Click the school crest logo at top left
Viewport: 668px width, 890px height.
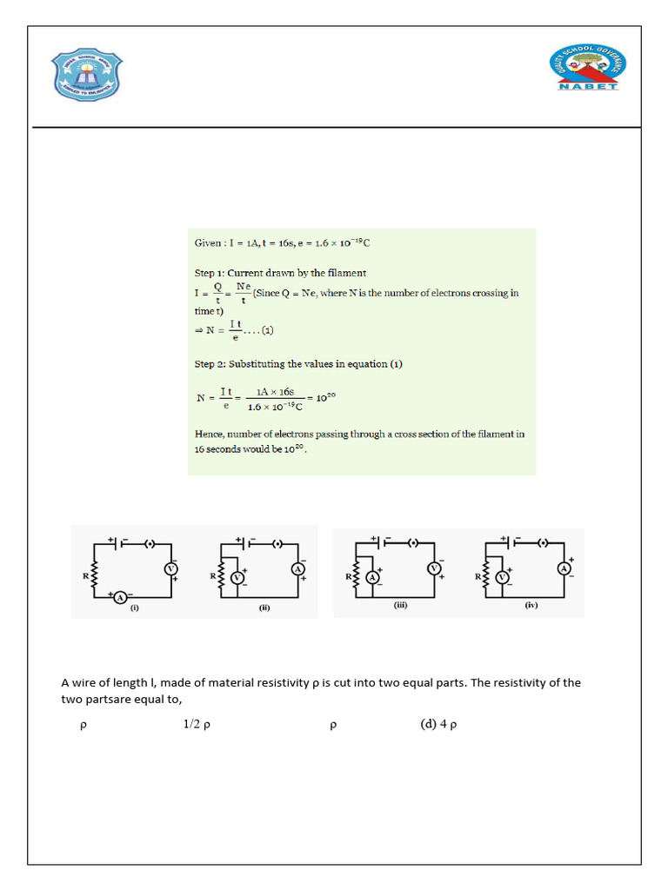pyautogui.click(x=86, y=75)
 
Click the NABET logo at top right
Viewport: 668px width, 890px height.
pyautogui.click(x=587, y=69)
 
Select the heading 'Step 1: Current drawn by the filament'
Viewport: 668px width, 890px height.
pyautogui.click(x=280, y=273)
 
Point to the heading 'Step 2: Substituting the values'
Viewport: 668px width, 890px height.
pyautogui.click(x=298, y=363)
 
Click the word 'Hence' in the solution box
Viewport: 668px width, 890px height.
pyautogui.click(x=210, y=434)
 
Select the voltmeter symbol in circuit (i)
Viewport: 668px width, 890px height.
pyautogui.click(x=171, y=568)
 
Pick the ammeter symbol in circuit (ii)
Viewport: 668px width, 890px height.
pyautogui.click(x=297, y=568)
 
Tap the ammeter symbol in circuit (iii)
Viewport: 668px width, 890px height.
pyautogui.click(x=372, y=577)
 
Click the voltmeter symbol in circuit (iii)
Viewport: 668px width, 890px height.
pyautogui.click(x=433, y=568)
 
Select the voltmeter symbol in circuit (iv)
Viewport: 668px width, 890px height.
pyautogui.click(x=501, y=577)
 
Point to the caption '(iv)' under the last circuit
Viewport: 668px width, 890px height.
pyautogui.click(x=531, y=606)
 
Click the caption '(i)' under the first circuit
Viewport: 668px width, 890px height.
pyautogui.click(x=135, y=608)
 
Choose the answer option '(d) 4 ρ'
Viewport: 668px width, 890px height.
pyautogui.click(x=438, y=726)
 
